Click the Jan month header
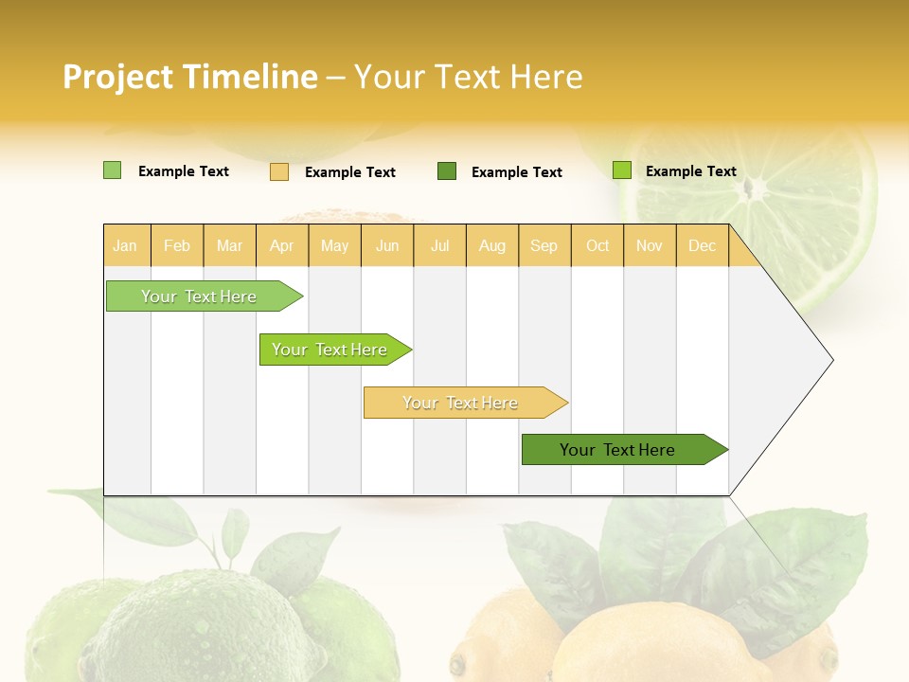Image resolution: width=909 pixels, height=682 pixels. point(125,246)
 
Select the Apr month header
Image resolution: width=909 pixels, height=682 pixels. point(281,246)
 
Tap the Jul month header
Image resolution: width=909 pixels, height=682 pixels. point(439,246)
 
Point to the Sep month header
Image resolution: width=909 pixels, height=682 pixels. point(544,246)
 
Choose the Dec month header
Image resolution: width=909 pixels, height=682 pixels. point(702,246)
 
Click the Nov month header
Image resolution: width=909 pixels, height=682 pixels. point(649,246)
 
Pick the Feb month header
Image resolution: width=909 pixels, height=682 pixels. point(177,246)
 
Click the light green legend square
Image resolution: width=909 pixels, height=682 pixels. point(112,170)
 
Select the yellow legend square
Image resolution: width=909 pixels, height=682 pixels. point(279,171)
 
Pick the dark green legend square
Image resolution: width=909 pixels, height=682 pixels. point(447,171)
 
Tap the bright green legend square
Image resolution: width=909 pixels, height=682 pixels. point(621,170)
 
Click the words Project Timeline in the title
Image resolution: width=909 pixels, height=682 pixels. point(189,77)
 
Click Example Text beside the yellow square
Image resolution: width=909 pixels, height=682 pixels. point(349,172)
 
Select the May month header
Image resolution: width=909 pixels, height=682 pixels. point(334,246)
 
